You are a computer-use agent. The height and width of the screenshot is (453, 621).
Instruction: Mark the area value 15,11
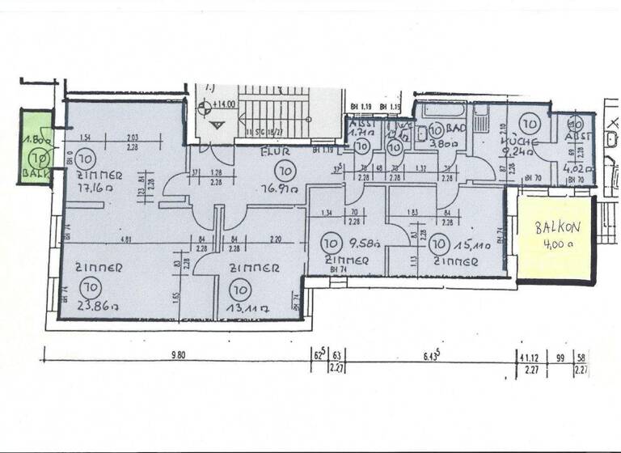click(469, 242)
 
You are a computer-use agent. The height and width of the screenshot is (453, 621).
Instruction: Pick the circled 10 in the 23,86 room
click(90, 286)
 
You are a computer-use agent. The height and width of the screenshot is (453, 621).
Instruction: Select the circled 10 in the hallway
click(284, 170)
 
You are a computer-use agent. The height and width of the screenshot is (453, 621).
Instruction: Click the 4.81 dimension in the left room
click(106, 239)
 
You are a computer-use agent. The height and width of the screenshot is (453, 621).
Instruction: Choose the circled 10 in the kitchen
click(530, 124)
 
